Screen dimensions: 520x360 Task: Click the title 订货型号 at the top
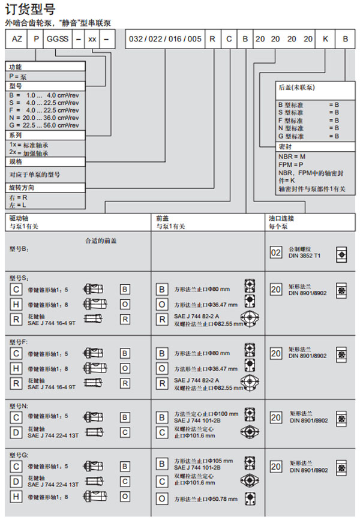29,10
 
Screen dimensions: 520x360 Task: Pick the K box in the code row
325,41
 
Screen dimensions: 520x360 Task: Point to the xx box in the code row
92,41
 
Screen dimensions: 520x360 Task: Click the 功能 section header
16,68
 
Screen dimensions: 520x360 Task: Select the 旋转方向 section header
22,188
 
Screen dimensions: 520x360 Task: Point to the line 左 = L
18,206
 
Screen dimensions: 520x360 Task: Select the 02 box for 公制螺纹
275,253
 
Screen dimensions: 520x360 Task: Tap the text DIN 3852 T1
305,256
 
